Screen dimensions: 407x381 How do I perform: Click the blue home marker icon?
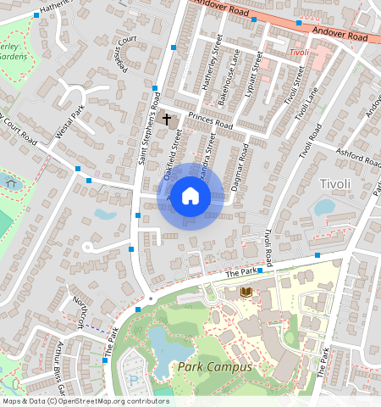[x=190, y=196]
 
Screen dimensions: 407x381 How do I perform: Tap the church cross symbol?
[x=166, y=119]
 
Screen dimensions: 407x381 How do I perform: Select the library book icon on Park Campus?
[x=246, y=293]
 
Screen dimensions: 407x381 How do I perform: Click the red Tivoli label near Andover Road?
[x=298, y=53]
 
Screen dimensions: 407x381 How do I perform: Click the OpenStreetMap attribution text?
[x=86, y=401]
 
